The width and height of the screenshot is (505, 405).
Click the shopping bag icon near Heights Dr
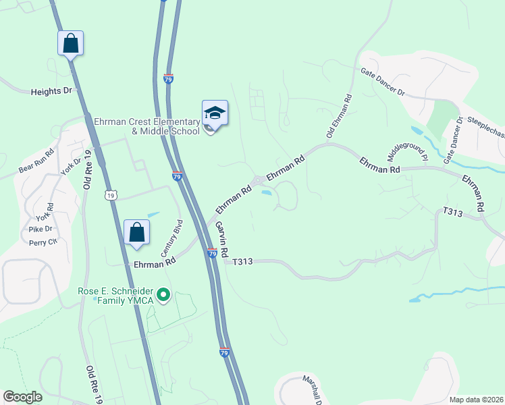point(70,44)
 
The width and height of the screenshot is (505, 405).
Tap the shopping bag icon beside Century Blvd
point(136,232)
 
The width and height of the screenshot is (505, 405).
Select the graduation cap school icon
point(215,113)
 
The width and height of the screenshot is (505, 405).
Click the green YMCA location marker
point(163,295)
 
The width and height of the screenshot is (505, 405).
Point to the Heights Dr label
point(51,91)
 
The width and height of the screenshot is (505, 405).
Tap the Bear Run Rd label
point(36,159)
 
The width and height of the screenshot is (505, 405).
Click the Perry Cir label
point(44,242)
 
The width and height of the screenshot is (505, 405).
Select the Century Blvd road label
point(171,236)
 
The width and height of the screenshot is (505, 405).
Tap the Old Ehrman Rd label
point(340,117)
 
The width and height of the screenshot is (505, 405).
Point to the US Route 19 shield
point(112,195)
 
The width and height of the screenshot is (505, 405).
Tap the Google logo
point(23,396)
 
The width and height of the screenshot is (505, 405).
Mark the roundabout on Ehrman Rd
point(259,180)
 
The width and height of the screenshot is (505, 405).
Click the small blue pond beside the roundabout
point(267,193)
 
